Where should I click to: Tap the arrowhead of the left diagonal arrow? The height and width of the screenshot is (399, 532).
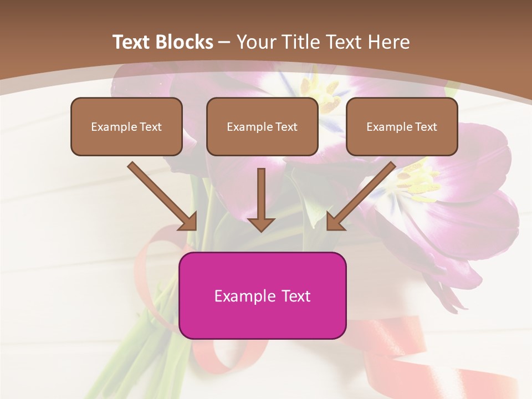(x=188, y=222)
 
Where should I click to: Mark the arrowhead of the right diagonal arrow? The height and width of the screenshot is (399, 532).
(x=335, y=222)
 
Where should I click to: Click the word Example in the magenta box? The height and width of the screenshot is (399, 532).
(x=244, y=296)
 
